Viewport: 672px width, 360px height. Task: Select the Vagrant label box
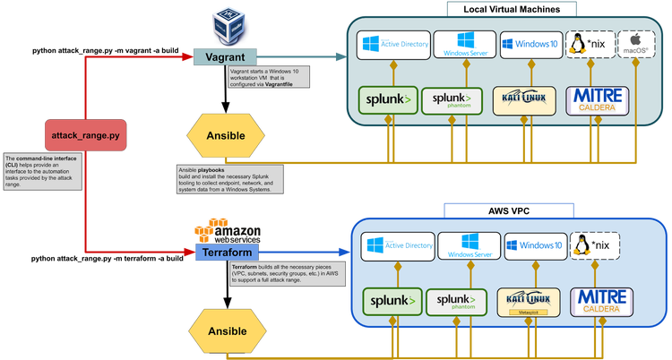click(x=225, y=56)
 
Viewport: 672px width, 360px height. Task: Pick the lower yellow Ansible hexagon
click(x=226, y=330)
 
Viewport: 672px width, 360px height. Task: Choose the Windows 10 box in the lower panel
click(x=533, y=244)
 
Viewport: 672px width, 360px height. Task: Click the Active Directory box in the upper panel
click(x=394, y=44)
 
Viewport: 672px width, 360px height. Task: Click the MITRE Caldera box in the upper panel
click(x=595, y=100)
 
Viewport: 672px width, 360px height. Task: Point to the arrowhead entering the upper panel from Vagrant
click(x=341, y=56)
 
